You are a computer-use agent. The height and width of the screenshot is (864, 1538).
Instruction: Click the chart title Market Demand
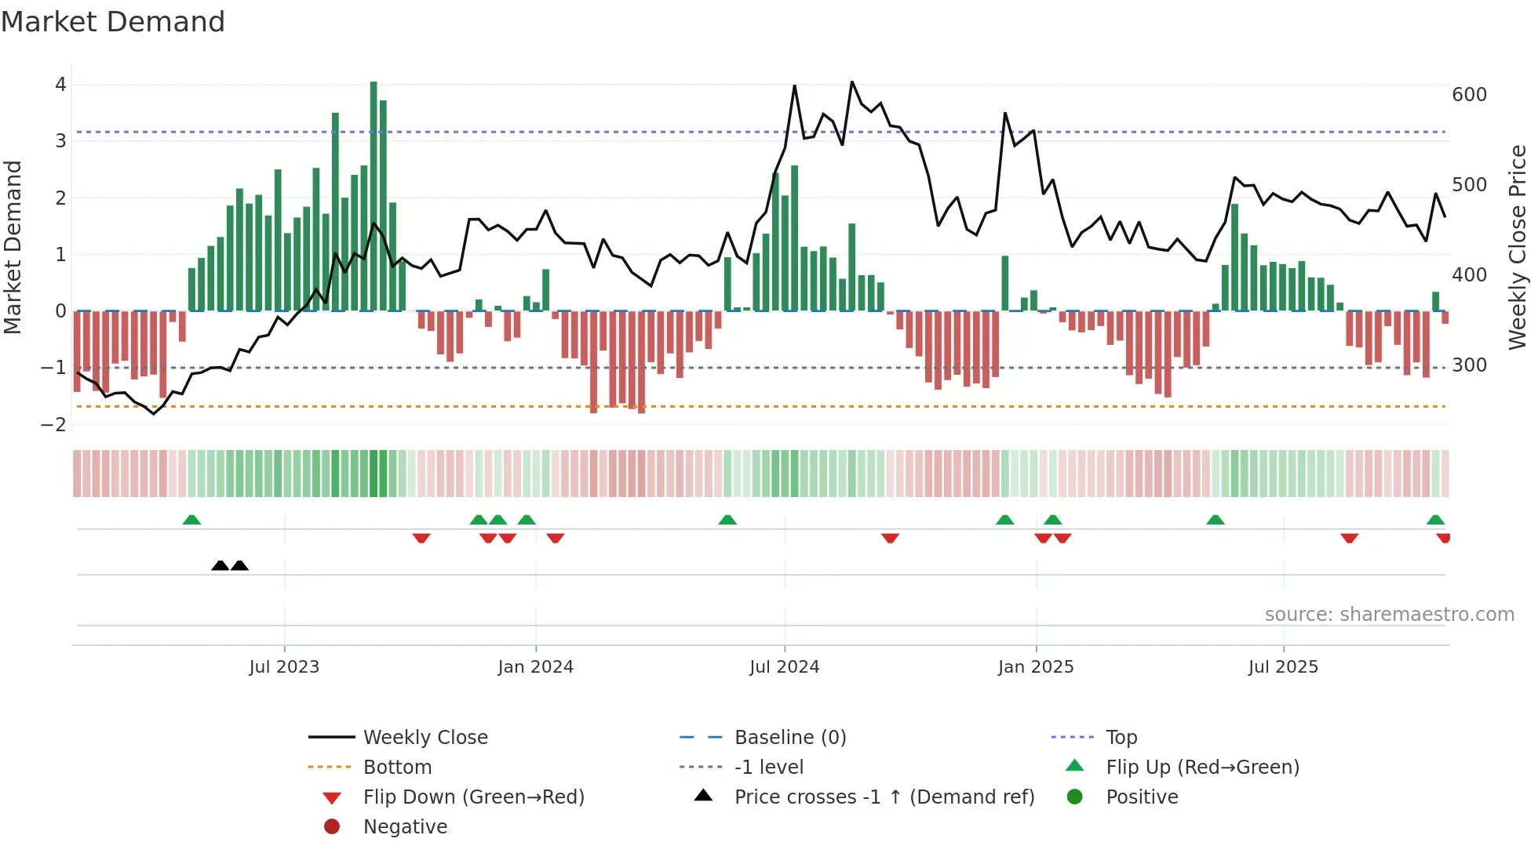tap(113, 22)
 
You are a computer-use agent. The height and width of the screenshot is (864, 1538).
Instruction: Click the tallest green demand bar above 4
tap(374, 196)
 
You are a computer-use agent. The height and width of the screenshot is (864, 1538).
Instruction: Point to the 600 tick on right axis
tap(1469, 95)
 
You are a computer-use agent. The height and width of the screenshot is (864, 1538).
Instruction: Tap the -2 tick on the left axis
tap(54, 425)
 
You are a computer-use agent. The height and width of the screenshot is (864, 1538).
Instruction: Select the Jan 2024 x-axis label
tap(535, 667)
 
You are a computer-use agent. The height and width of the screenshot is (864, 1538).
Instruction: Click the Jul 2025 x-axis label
tap(1283, 667)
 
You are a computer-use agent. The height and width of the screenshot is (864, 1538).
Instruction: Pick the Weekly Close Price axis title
tap(1518, 247)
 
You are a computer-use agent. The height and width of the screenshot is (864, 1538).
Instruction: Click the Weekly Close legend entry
tap(425, 738)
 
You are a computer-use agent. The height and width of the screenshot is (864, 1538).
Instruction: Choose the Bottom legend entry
tap(397, 768)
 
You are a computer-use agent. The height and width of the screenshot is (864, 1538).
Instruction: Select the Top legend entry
tap(1121, 738)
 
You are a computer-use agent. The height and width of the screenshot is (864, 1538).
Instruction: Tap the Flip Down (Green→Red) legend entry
tap(473, 797)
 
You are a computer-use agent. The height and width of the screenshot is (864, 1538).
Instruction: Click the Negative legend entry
tap(405, 827)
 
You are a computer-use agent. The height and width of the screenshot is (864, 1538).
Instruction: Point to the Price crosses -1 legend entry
tap(884, 797)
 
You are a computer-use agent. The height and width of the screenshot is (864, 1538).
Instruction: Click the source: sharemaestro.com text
tap(1389, 615)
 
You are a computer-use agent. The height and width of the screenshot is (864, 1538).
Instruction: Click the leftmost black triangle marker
tap(220, 566)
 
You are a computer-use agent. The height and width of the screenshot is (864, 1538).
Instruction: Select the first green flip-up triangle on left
tap(191, 520)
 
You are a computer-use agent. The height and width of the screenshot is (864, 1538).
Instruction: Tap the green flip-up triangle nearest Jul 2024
tap(727, 520)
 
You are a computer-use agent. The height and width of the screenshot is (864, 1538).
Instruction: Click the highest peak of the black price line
tap(852, 82)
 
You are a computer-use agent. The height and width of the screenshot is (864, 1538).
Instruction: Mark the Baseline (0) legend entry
tap(789, 738)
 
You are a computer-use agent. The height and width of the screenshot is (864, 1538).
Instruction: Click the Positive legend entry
tap(1141, 797)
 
